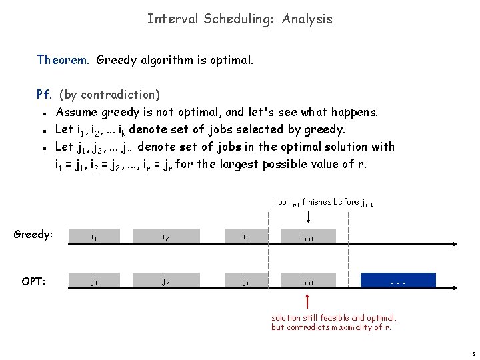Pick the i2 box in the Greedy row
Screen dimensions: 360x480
166,235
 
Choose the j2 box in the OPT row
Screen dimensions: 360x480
166,280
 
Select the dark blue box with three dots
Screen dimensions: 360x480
397,280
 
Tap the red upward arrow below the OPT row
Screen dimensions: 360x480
309,300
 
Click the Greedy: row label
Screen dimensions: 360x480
33,235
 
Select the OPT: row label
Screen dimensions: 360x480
33,281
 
